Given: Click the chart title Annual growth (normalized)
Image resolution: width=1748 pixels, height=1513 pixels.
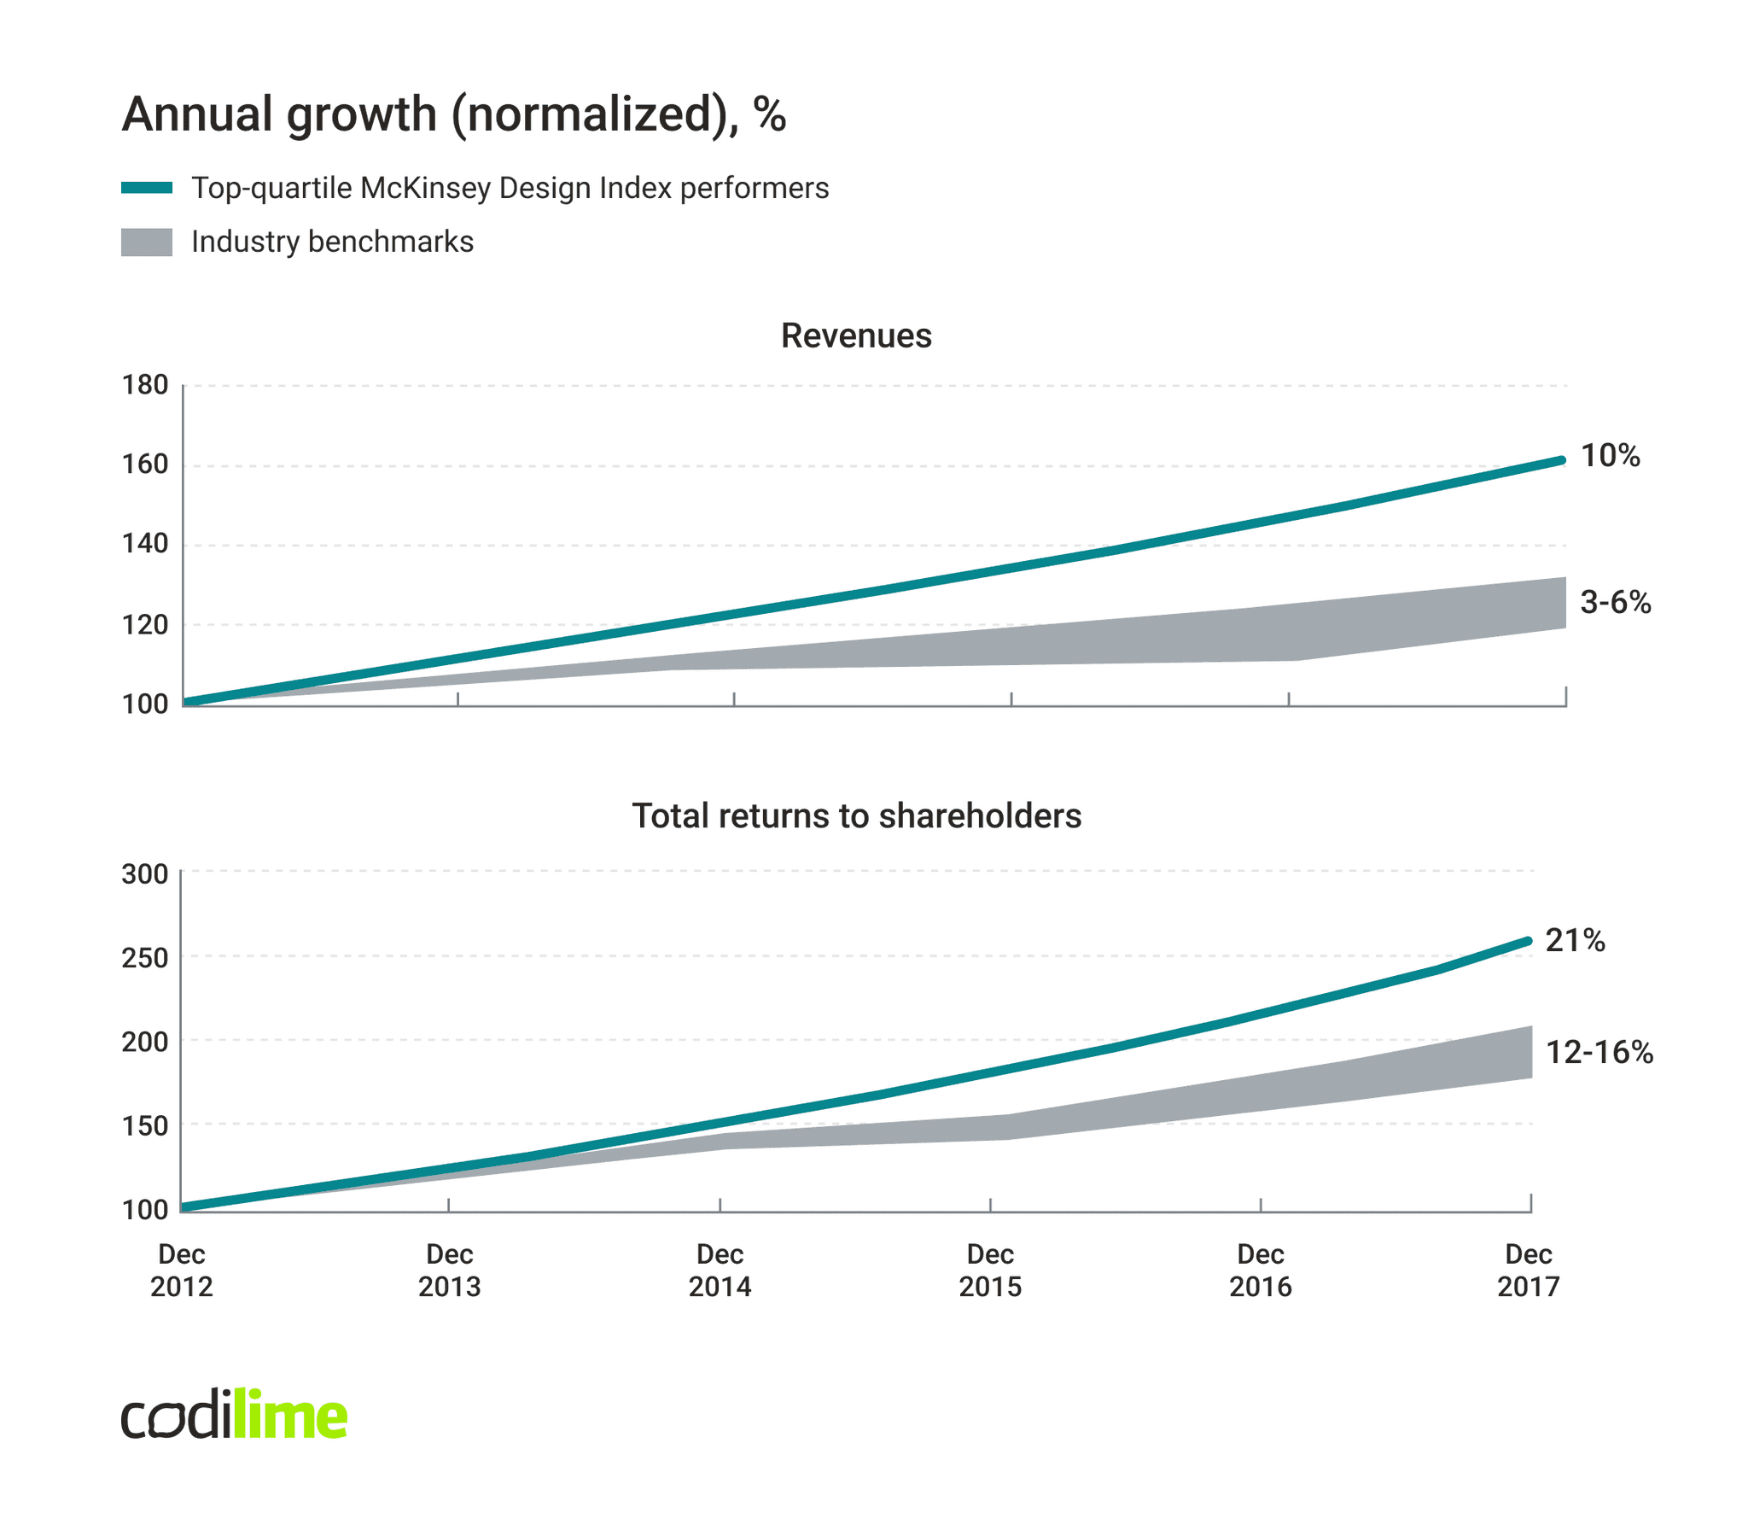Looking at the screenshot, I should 453,114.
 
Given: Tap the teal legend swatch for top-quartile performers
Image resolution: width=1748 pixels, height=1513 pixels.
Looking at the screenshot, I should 146,188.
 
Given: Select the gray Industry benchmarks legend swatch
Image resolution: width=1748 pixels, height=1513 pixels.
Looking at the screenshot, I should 146,242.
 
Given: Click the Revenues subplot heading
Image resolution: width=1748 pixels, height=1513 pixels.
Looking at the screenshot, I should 855,336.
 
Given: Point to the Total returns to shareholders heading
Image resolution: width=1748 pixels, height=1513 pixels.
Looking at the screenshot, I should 856,815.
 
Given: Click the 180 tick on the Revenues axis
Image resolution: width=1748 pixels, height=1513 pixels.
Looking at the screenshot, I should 144,385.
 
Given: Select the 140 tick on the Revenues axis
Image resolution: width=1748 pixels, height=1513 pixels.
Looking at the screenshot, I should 144,544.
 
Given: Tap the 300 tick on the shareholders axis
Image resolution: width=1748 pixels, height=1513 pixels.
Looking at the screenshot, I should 144,873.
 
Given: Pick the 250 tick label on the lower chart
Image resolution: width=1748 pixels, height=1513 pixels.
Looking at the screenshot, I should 144,958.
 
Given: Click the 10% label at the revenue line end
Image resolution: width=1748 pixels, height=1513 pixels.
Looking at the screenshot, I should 1610,456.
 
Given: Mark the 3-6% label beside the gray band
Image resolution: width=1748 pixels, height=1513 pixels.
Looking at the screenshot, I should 1615,603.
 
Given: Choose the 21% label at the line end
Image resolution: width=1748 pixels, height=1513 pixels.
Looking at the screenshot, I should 1575,940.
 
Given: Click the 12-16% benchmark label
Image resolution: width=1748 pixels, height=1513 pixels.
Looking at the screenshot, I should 1599,1052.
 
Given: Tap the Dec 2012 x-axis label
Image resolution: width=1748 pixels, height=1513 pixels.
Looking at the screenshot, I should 181,1270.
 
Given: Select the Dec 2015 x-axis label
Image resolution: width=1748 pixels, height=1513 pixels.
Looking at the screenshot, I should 989,1270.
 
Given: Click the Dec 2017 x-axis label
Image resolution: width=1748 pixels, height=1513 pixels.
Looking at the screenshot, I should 1528,1270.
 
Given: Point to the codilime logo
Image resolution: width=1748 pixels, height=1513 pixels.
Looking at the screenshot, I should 234,1415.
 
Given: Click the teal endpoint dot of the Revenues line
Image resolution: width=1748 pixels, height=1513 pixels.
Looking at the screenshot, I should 1562,460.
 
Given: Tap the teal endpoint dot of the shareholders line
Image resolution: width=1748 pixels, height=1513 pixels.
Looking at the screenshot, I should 1528,941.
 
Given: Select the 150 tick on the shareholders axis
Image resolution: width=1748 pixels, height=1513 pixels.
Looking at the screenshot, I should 144,1126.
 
